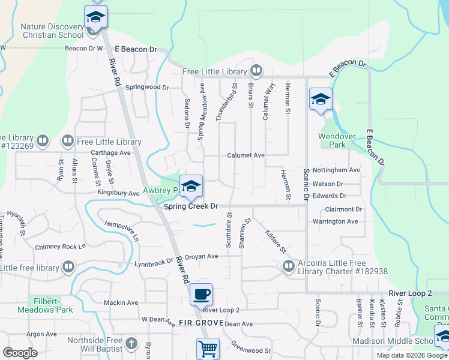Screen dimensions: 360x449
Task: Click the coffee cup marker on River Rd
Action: coord(201,295)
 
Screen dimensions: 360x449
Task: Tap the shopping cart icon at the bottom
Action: coord(208,349)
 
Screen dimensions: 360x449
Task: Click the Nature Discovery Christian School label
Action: coord(53,31)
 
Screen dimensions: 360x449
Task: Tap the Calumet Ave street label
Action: coord(246,155)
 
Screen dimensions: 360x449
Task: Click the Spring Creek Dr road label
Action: coord(191,206)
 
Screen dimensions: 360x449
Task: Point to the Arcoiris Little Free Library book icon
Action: coord(289,266)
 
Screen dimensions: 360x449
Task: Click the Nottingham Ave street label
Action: coord(336,170)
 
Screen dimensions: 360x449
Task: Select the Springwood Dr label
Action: coord(147,87)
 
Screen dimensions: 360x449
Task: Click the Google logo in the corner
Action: coord(20,353)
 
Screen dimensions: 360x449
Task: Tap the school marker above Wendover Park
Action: coord(321,99)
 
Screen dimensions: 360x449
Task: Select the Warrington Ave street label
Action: coord(335,221)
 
